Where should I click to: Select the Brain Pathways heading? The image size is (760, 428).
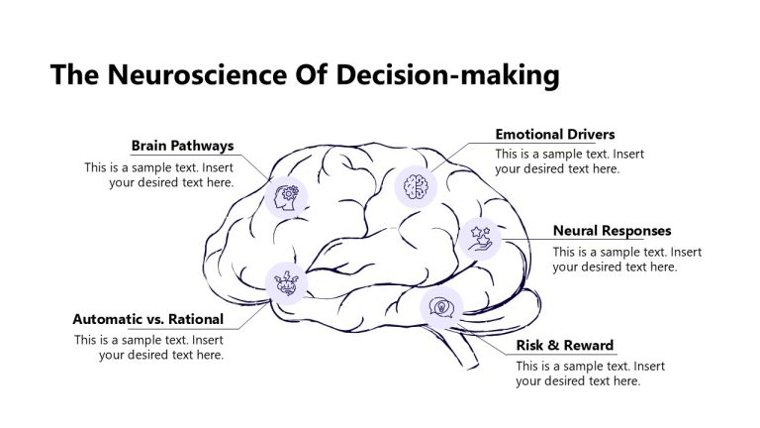pyautogui.click(x=182, y=146)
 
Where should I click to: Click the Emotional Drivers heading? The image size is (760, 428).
pyautogui.click(x=554, y=134)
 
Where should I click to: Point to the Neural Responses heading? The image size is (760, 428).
pyautogui.click(x=612, y=231)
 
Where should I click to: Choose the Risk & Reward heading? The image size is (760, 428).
pyautogui.click(x=564, y=346)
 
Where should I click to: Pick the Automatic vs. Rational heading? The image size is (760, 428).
pyautogui.click(x=147, y=319)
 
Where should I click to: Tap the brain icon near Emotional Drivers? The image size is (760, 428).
pyautogui.click(x=416, y=185)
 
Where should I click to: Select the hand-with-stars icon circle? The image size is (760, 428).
pyautogui.click(x=481, y=238)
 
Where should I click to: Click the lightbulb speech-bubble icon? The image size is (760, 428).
pyautogui.click(x=441, y=307)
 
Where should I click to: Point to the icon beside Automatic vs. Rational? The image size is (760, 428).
pyautogui.click(x=287, y=282)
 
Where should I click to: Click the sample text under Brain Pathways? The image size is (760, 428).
pyautogui.click(x=159, y=175)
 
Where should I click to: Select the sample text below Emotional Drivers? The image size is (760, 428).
pyautogui.click(x=569, y=161)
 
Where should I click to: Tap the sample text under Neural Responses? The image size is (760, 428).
pyautogui.click(x=626, y=260)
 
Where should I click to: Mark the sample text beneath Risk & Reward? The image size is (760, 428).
pyautogui.click(x=590, y=374)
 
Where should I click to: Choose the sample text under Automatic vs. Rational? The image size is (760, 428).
pyautogui.click(x=149, y=348)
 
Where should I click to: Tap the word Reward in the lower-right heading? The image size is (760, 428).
pyautogui.click(x=589, y=346)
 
